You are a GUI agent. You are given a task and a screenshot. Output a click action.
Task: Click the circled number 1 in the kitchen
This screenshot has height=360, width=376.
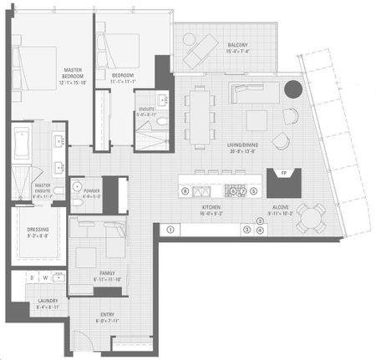pos(170,229)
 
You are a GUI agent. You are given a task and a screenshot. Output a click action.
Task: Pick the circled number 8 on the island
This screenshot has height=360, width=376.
pos(185,190)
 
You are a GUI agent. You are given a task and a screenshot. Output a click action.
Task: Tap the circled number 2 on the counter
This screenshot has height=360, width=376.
pos(246,229)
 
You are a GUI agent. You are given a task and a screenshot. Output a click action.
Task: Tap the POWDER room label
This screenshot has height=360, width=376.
pos(90,194)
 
